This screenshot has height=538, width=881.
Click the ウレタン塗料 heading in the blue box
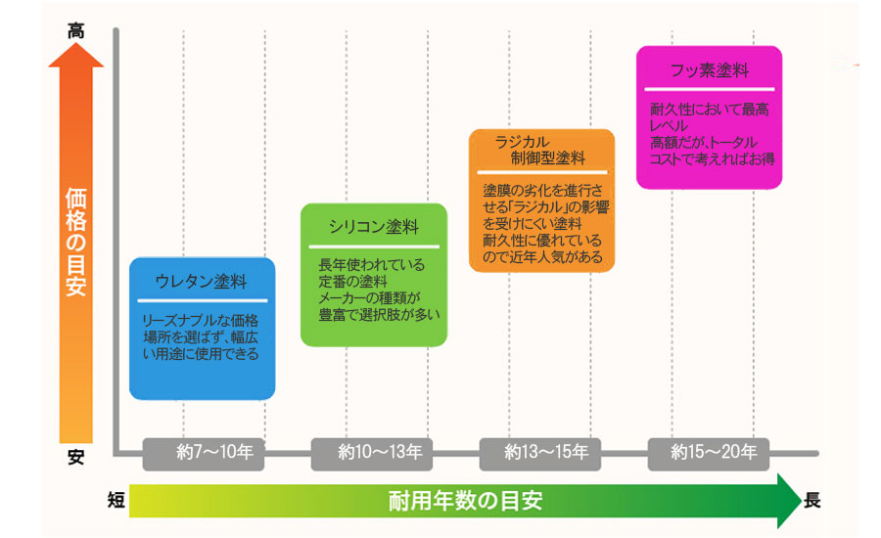click(x=201, y=281)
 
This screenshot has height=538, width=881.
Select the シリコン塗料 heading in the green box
click(x=374, y=226)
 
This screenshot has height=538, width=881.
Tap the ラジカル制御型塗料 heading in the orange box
click(x=540, y=150)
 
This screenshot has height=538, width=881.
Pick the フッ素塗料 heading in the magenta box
click(x=709, y=70)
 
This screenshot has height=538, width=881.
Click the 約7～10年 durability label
click(x=214, y=452)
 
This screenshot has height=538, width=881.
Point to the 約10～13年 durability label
click(x=380, y=452)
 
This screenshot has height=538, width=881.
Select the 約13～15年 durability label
click(x=546, y=452)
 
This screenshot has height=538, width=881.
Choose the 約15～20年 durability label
click(x=714, y=452)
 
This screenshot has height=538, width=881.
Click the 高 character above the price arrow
click(x=75, y=30)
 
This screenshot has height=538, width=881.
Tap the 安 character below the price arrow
click(x=75, y=457)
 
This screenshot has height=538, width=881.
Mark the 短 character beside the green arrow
click(x=116, y=499)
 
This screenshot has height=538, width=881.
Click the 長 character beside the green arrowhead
click(x=811, y=499)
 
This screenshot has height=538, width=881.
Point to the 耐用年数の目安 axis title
click(x=465, y=501)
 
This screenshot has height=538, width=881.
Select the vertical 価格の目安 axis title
click(x=75, y=242)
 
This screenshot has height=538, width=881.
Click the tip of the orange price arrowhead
click(x=75, y=43)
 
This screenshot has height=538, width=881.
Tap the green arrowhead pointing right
click(x=789, y=501)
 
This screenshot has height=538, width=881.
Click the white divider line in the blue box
click(x=203, y=300)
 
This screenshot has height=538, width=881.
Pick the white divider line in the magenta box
click(x=709, y=89)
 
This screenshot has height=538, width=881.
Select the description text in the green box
click(x=379, y=290)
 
